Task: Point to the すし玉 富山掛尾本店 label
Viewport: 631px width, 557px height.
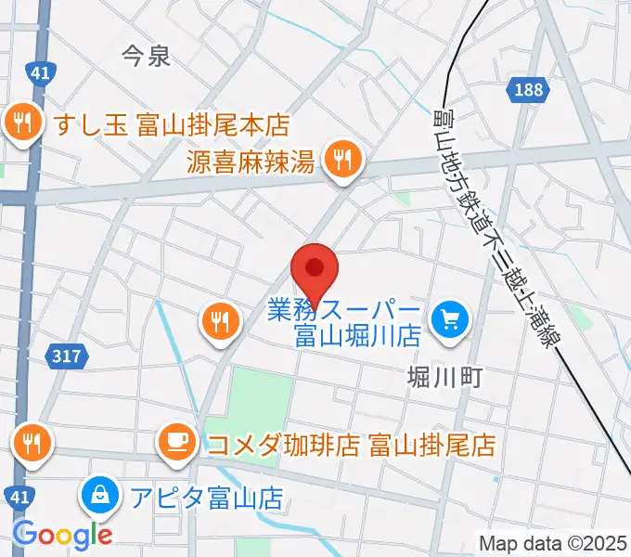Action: coord(172,123)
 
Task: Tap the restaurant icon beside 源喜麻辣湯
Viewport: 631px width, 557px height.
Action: coord(342,159)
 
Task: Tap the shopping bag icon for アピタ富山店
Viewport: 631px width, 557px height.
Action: coord(99,496)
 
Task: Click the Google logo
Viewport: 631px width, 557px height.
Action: coord(62,534)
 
